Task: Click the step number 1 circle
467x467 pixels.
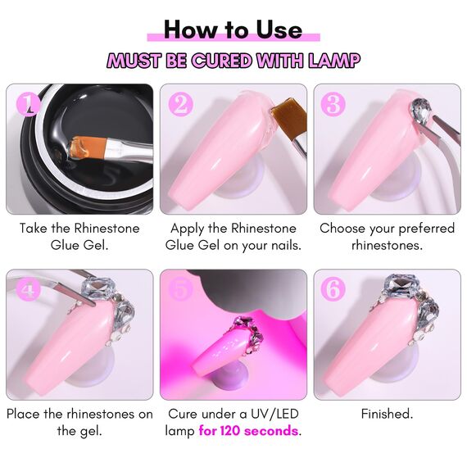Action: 30,104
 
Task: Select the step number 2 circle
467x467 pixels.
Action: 180,104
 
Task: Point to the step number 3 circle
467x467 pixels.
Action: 333,104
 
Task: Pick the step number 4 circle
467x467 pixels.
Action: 30,289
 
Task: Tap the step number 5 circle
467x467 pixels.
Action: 180,289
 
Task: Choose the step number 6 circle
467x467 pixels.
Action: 333,289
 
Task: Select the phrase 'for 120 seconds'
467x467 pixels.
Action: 249,431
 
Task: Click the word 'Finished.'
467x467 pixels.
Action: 387,414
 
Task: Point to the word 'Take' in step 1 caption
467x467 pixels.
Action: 35,228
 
